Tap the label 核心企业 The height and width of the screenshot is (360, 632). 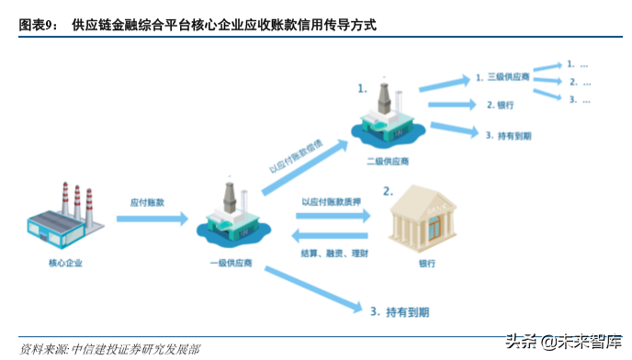click(x=66, y=264)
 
